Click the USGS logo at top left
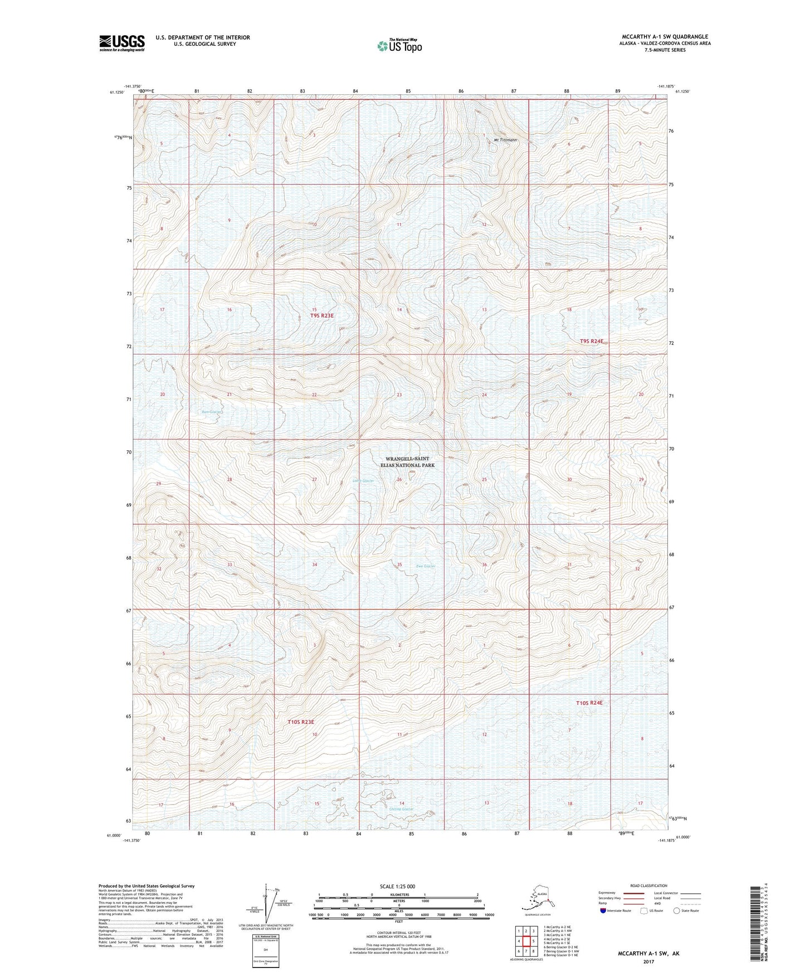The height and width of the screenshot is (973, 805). coord(121,43)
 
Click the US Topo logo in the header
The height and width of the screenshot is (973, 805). coord(399,46)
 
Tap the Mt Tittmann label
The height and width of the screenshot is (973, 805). coord(505,140)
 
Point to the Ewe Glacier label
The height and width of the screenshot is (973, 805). coord(426,566)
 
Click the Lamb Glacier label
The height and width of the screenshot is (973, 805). coord(363,480)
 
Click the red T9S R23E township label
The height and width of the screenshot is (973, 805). coord(322,315)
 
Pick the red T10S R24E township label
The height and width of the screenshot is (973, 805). coord(589,703)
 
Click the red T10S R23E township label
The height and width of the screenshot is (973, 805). coord(301,722)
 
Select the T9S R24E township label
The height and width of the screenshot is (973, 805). coord(592,341)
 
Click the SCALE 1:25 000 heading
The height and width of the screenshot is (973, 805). coord(397,886)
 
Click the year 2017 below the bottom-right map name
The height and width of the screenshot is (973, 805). coord(648,961)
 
